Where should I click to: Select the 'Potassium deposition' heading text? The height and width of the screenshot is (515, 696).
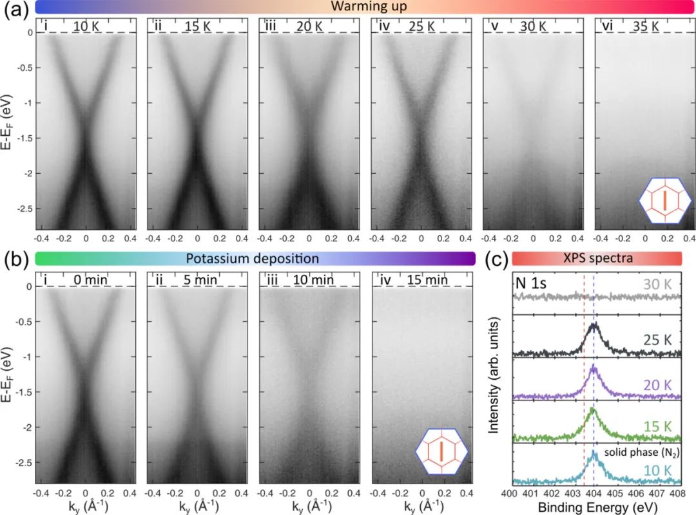[253, 259]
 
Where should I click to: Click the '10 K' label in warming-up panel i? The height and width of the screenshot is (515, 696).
[86, 26]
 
